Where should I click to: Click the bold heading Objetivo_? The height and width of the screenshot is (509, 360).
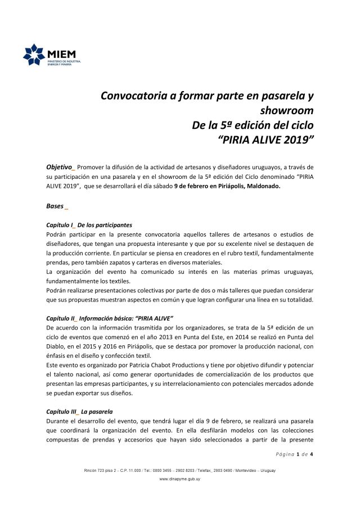pos(60,167)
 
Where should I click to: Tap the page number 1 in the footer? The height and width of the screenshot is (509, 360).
pos(298,454)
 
